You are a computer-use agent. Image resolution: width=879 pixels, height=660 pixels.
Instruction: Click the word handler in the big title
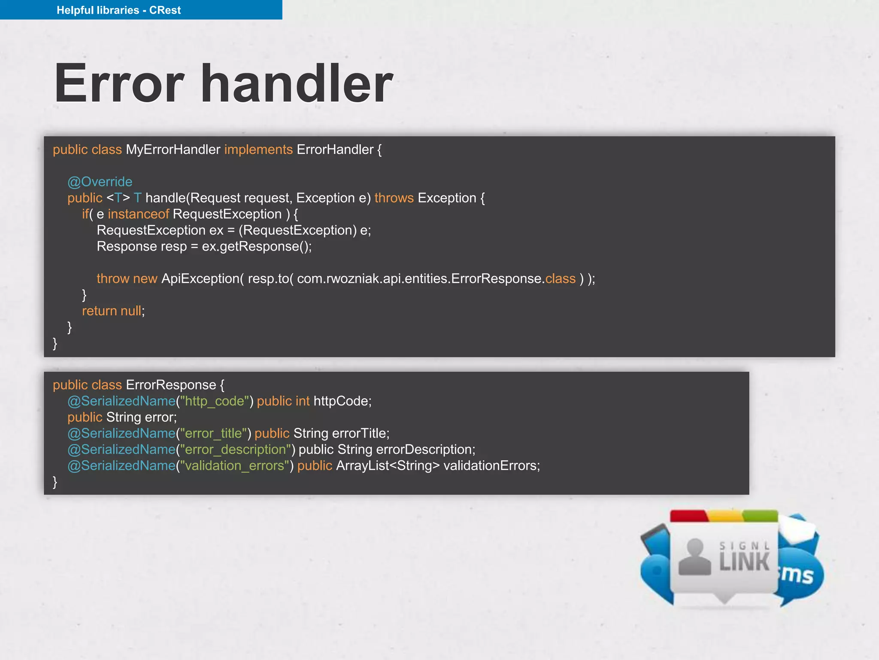297,84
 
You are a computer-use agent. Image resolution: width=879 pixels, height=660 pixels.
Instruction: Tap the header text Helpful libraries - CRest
118,10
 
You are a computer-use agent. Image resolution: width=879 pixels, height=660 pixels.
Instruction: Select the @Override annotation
100,182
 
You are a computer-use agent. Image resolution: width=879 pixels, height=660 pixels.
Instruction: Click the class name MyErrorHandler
173,150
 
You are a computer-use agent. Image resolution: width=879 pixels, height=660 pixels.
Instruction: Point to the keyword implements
258,150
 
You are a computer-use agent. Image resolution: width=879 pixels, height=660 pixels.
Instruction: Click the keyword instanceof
138,214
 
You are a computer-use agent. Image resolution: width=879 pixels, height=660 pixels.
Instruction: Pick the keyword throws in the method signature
394,198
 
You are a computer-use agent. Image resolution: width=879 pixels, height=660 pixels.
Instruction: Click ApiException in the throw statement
200,279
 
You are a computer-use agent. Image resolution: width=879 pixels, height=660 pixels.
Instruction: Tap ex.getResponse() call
256,247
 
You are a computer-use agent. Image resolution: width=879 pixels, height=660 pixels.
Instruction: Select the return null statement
113,311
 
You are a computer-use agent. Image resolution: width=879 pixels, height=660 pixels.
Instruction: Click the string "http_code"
215,401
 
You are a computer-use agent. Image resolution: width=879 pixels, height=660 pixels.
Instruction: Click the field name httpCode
342,401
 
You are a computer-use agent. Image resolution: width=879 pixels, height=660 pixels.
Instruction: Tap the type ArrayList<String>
388,466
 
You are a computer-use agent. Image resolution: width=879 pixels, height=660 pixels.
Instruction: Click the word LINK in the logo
745,562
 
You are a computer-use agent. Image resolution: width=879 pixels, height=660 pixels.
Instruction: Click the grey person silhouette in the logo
694,557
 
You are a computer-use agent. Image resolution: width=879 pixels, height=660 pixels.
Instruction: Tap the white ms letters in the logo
797,574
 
